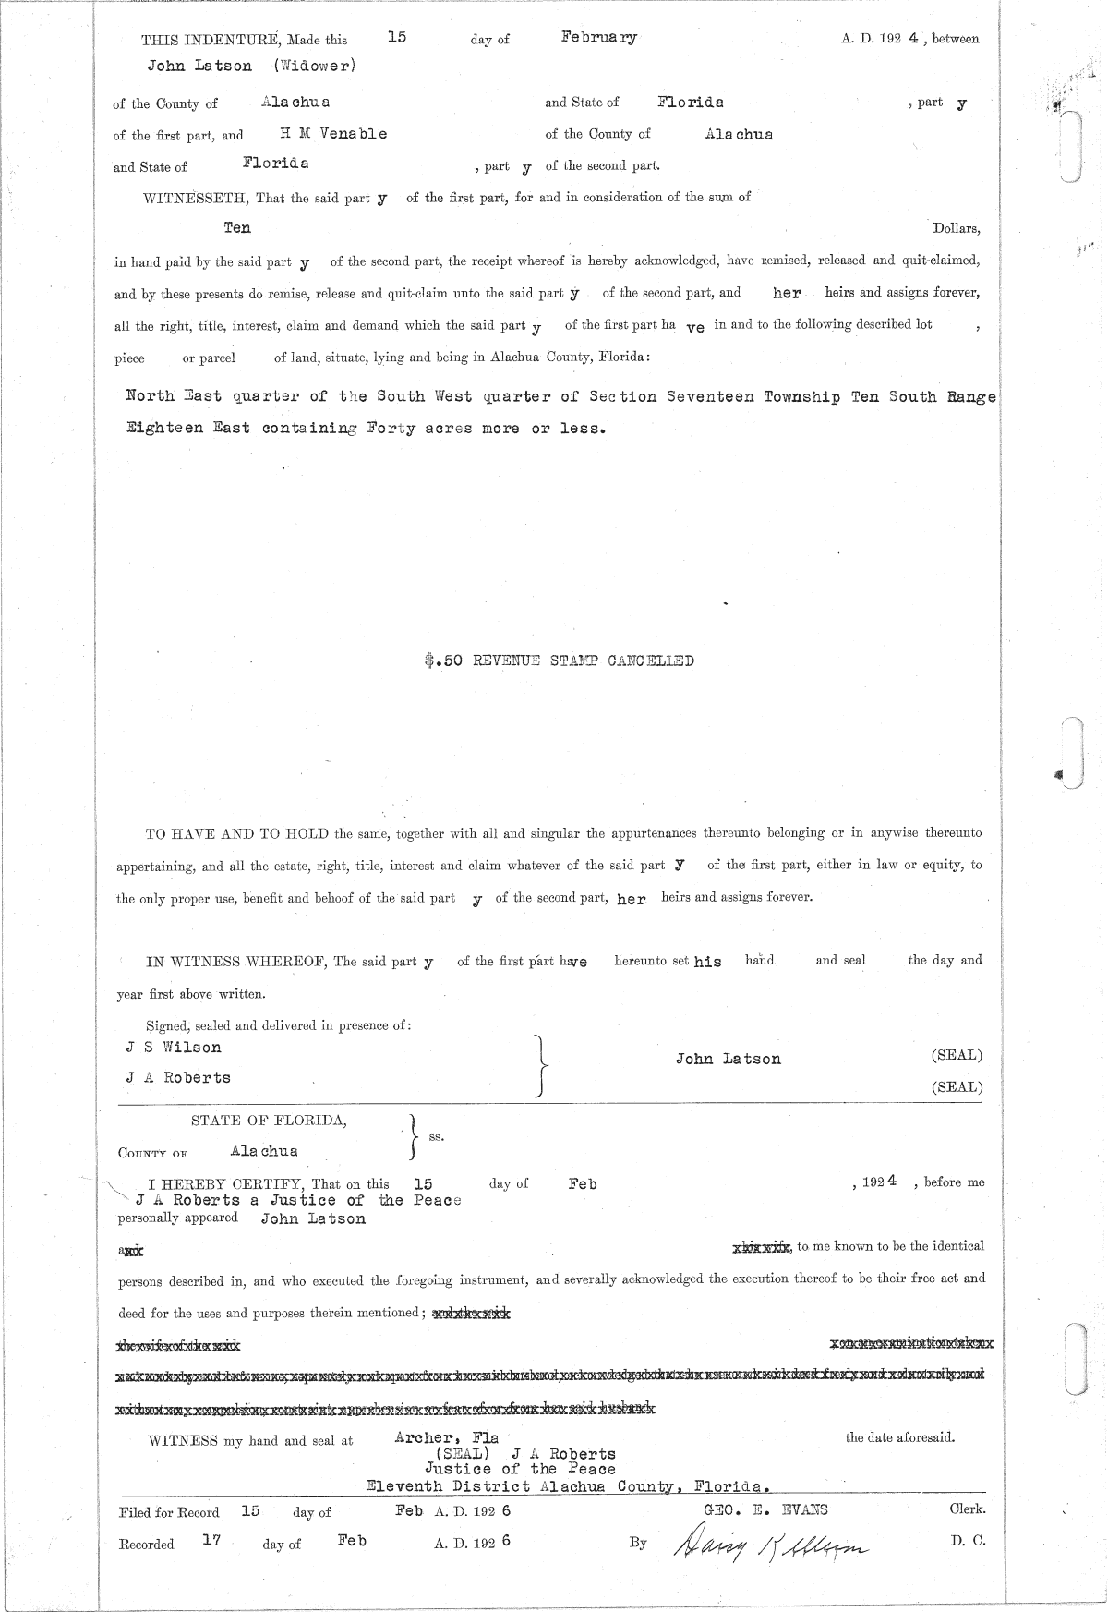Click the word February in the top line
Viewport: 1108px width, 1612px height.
coord(599,38)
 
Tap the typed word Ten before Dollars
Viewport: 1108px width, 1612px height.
coord(237,227)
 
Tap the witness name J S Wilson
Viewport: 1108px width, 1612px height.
coord(174,1048)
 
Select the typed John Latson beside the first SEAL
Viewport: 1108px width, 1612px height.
coord(728,1060)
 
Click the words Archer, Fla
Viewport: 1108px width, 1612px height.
coord(446,1438)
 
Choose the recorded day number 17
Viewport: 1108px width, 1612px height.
coord(211,1540)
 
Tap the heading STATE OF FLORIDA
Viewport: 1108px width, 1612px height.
coord(269,1121)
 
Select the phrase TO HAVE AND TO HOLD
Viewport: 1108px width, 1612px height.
coord(238,833)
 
